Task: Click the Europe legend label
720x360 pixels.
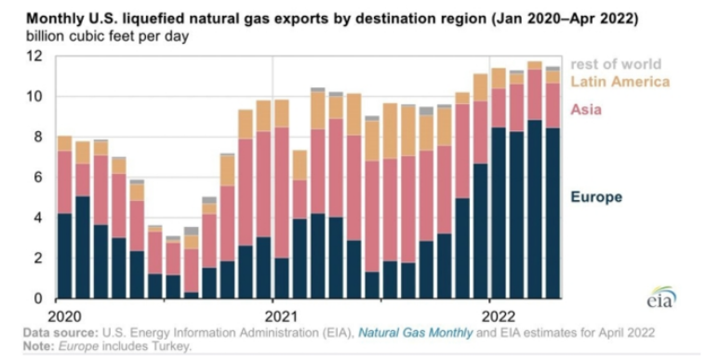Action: pos(596,197)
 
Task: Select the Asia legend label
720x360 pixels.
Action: pos(586,110)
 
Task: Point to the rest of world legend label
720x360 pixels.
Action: pos(616,64)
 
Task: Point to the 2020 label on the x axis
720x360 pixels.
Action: pos(64,316)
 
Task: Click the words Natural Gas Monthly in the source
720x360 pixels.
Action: pos(415,332)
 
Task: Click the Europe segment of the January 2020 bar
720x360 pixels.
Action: pos(64,256)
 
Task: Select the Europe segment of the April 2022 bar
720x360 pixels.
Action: pos(553,214)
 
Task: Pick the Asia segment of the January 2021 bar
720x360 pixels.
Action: pos(282,193)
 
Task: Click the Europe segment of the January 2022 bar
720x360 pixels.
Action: pos(499,213)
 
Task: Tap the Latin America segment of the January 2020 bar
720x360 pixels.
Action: pos(64,143)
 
